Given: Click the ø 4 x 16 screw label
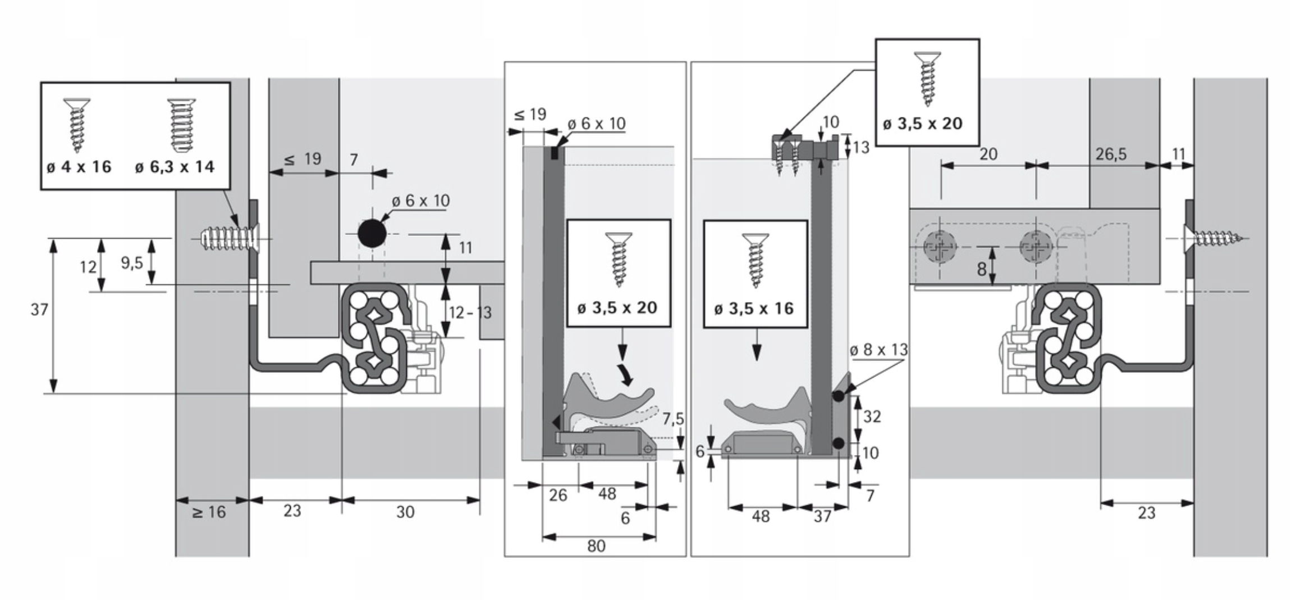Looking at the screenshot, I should pyautogui.click(x=79, y=167).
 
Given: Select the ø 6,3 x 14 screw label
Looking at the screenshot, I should pyautogui.click(x=175, y=167).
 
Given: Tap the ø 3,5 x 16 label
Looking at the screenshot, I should pyautogui.click(x=754, y=308).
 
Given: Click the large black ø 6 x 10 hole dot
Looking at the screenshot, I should pyautogui.click(x=372, y=233).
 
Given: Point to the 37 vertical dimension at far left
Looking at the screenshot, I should pyautogui.click(x=39, y=310).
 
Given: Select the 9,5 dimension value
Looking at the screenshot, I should pyautogui.click(x=132, y=263).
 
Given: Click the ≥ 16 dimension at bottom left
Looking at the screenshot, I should pyautogui.click(x=209, y=512).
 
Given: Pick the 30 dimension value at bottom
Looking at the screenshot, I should pyautogui.click(x=405, y=512).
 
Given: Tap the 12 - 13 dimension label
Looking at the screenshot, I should pyautogui.click(x=470, y=312).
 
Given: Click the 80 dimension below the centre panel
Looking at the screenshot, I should pyautogui.click(x=596, y=546).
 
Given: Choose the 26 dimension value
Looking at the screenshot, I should pyautogui.click(x=558, y=495).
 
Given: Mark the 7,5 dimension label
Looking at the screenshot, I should pyautogui.click(x=673, y=419).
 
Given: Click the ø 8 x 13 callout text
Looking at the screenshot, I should pyautogui.click(x=878, y=350).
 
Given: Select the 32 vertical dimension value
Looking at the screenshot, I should pyautogui.click(x=872, y=417).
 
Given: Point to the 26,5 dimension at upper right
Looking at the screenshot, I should pyautogui.click(x=1111, y=154).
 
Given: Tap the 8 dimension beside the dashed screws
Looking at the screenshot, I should pyautogui.click(x=982, y=270).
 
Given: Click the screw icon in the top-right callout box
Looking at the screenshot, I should pyautogui.click(x=927, y=79).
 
